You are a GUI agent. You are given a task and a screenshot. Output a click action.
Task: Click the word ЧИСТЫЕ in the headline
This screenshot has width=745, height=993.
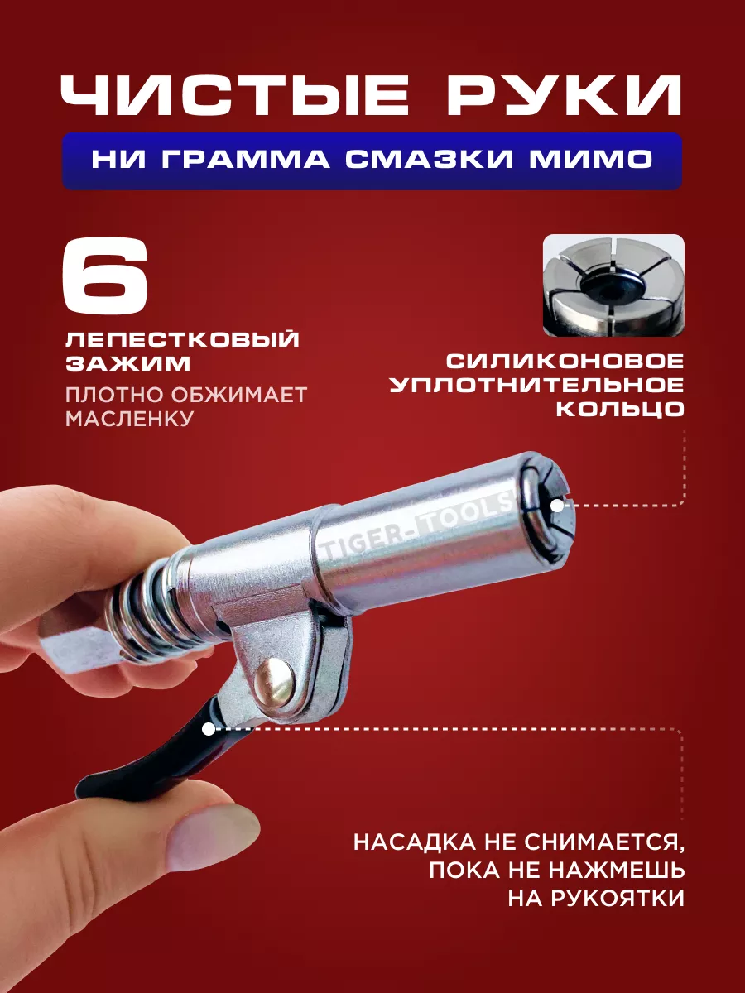pos(235,96)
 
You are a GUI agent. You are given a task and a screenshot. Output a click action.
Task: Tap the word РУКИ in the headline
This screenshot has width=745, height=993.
pos(564,96)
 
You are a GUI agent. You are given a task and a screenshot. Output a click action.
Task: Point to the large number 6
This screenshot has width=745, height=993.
pos(106,275)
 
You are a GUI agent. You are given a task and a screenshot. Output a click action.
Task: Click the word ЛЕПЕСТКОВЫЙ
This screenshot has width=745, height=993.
pos(183,339)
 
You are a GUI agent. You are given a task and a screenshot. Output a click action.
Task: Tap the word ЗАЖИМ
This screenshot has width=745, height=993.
pos(128,364)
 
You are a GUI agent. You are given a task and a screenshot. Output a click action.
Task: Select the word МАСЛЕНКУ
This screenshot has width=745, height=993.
pos(130,419)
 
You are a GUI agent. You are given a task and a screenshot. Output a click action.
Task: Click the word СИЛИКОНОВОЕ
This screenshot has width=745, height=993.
pos(565,361)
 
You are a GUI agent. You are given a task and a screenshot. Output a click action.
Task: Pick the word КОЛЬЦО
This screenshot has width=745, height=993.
pos(620,409)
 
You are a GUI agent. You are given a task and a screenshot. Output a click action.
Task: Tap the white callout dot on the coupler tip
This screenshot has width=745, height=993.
pos(558,506)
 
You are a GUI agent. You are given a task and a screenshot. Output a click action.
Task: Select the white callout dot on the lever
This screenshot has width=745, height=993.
pos(209,729)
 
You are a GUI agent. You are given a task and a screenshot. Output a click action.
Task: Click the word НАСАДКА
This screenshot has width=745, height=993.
pos(415,842)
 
